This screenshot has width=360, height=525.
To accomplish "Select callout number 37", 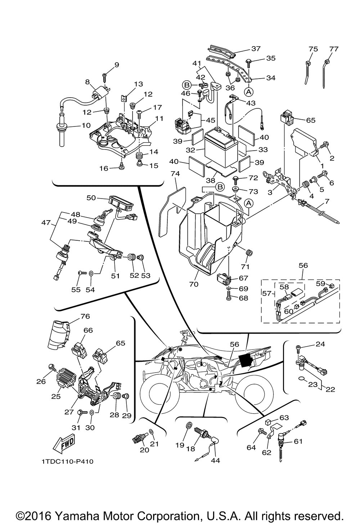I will [x=256, y=49].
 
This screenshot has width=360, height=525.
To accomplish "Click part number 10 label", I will [x=86, y=126].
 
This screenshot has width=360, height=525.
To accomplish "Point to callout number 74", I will [x=175, y=173].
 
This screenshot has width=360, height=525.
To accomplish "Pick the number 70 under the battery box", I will [x=194, y=284].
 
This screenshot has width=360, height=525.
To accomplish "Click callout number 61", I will [x=298, y=441].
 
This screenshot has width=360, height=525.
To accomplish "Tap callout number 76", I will [x=85, y=316].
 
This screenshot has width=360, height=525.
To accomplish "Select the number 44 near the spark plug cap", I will [x=216, y=460].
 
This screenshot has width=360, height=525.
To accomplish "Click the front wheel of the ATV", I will [x=158, y=395].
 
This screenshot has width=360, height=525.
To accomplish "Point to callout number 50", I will [x=91, y=198].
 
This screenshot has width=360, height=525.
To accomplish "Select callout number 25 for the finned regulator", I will [x=56, y=396].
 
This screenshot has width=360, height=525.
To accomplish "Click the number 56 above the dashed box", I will [x=303, y=265].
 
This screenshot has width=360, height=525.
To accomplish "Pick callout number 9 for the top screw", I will [x=106, y=65].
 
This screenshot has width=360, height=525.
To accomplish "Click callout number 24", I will [x=320, y=344].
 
